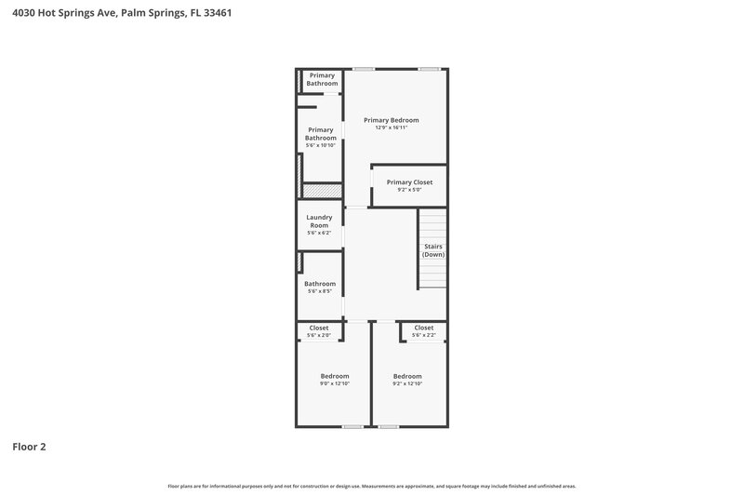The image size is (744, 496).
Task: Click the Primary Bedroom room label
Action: (391, 120)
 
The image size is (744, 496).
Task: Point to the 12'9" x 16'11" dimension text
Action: (391, 127)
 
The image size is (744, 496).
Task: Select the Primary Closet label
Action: (409, 182)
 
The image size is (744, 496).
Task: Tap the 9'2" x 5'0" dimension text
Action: (409, 190)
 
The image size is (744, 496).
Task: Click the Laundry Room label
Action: (319, 221)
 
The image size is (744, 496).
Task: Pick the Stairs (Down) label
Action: (432, 250)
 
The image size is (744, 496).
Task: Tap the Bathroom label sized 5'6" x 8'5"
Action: (320, 284)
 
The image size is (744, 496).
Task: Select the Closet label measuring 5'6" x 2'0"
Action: (319, 328)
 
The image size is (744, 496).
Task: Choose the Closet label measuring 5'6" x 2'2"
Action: (424, 328)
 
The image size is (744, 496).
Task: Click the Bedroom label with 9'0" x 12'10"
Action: (335, 376)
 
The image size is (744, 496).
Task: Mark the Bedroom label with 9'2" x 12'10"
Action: (407, 376)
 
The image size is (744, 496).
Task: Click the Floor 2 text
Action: (29, 447)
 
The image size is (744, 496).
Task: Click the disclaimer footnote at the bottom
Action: (371, 486)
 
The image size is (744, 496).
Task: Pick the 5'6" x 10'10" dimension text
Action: (321, 145)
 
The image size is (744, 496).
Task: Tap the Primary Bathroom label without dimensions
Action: (322, 79)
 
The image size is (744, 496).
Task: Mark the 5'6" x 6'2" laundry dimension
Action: (319, 233)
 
